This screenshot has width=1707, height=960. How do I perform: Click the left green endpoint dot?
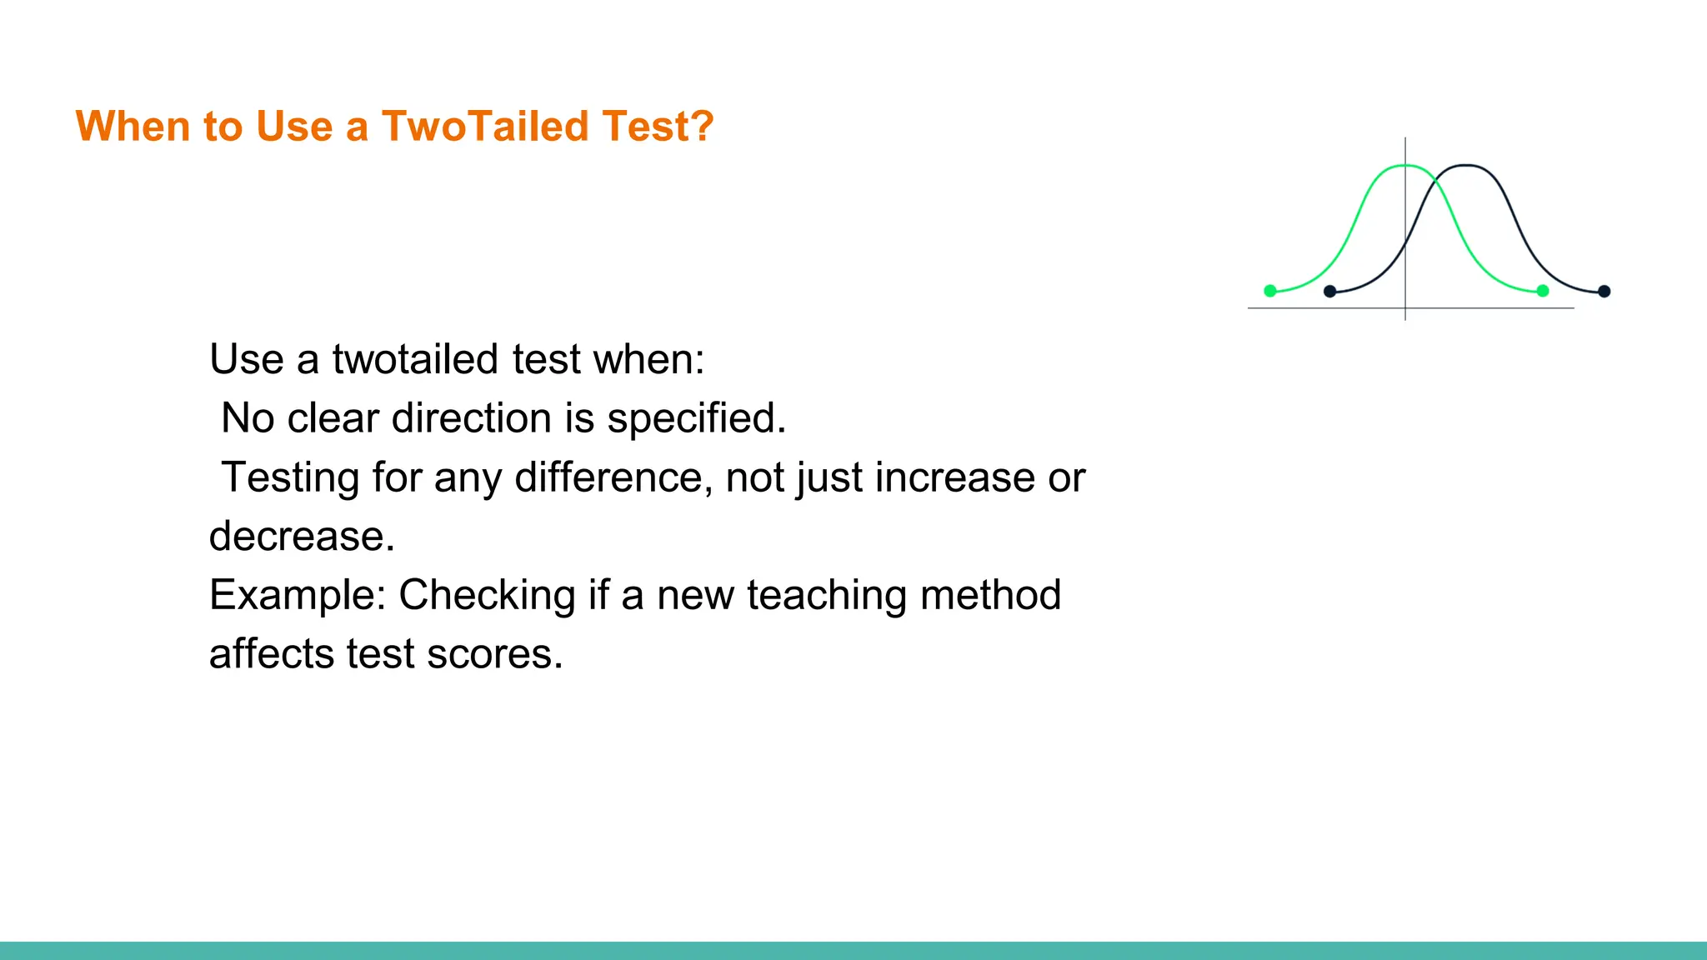click(x=1270, y=291)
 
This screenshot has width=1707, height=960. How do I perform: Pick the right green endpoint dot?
click(x=1543, y=291)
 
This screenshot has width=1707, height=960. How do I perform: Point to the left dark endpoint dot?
click(x=1330, y=291)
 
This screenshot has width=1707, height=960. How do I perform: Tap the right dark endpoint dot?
click(x=1604, y=291)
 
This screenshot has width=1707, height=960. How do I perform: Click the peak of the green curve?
click(x=1405, y=166)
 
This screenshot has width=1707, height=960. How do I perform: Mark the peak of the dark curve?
click(x=1467, y=166)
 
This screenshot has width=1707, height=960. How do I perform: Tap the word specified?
click(x=696, y=418)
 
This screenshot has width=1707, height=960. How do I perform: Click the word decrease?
click(x=301, y=537)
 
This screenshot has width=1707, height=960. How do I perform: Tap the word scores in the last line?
click(x=494, y=654)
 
